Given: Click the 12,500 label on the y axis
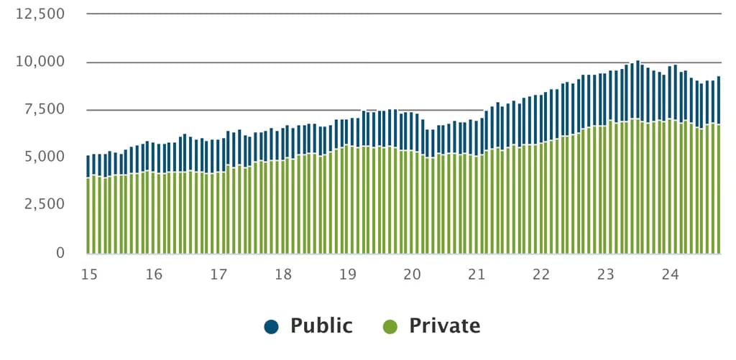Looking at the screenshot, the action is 40,14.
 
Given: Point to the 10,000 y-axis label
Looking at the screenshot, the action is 40,62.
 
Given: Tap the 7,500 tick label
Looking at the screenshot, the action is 44,110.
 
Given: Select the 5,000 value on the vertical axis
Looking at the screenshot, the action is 44,157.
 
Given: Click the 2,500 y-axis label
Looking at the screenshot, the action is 44,205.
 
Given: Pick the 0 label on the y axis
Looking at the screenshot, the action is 60,253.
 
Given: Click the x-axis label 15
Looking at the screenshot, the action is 89,274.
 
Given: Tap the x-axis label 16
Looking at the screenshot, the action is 154,274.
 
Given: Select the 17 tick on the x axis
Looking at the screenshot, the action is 218,274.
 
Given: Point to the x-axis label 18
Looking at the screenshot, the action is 283,274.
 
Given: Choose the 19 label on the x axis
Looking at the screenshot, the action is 348,274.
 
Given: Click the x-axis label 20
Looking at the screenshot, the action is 412,274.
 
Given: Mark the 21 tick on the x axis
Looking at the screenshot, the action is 477,274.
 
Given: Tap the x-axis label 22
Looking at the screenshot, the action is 541,274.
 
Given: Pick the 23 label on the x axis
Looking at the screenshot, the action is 606,274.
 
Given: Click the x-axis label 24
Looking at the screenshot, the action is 671,274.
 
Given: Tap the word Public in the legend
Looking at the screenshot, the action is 321,326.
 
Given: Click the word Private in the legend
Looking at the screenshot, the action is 445,326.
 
